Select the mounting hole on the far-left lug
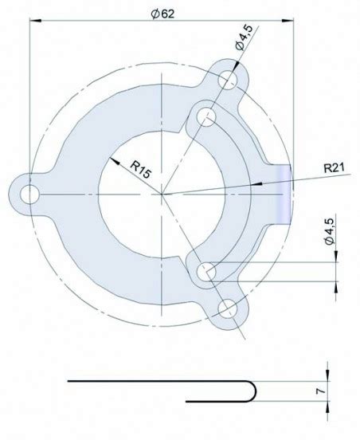(x=29, y=193)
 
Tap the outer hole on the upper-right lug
(x=229, y=80)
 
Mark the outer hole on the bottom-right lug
(x=229, y=308)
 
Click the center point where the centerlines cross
(x=162, y=193)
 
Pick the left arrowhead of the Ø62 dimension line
(x=33, y=23)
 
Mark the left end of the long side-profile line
(x=68, y=382)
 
